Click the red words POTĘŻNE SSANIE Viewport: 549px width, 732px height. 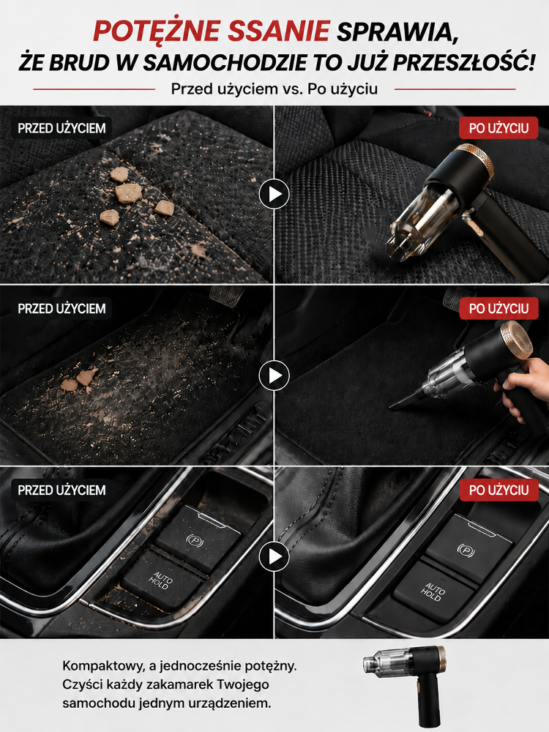pyautogui.click(x=212, y=31)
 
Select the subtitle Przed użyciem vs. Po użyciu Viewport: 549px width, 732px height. pyautogui.click(x=274, y=89)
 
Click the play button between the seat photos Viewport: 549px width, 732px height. pyautogui.click(x=274, y=194)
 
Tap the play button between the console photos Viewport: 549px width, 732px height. pyautogui.click(x=274, y=556)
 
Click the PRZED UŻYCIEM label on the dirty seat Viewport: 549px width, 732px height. pyautogui.click(x=61, y=128)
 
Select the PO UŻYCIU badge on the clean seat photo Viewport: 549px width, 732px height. pyautogui.click(x=498, y=128)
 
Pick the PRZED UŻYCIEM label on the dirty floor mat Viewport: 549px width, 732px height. pyautogui.click(x=61, y=309)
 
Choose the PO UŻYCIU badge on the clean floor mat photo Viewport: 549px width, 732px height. pyautogui.click(x=498, y=309)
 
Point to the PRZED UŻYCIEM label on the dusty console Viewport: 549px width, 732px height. pyautogui.click(x=61, y=490)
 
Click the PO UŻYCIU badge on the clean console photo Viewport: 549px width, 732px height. pyautogui.click(x=498, y=490)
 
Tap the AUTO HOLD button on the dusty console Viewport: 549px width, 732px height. pyautogui.click(x=162, y=580)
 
